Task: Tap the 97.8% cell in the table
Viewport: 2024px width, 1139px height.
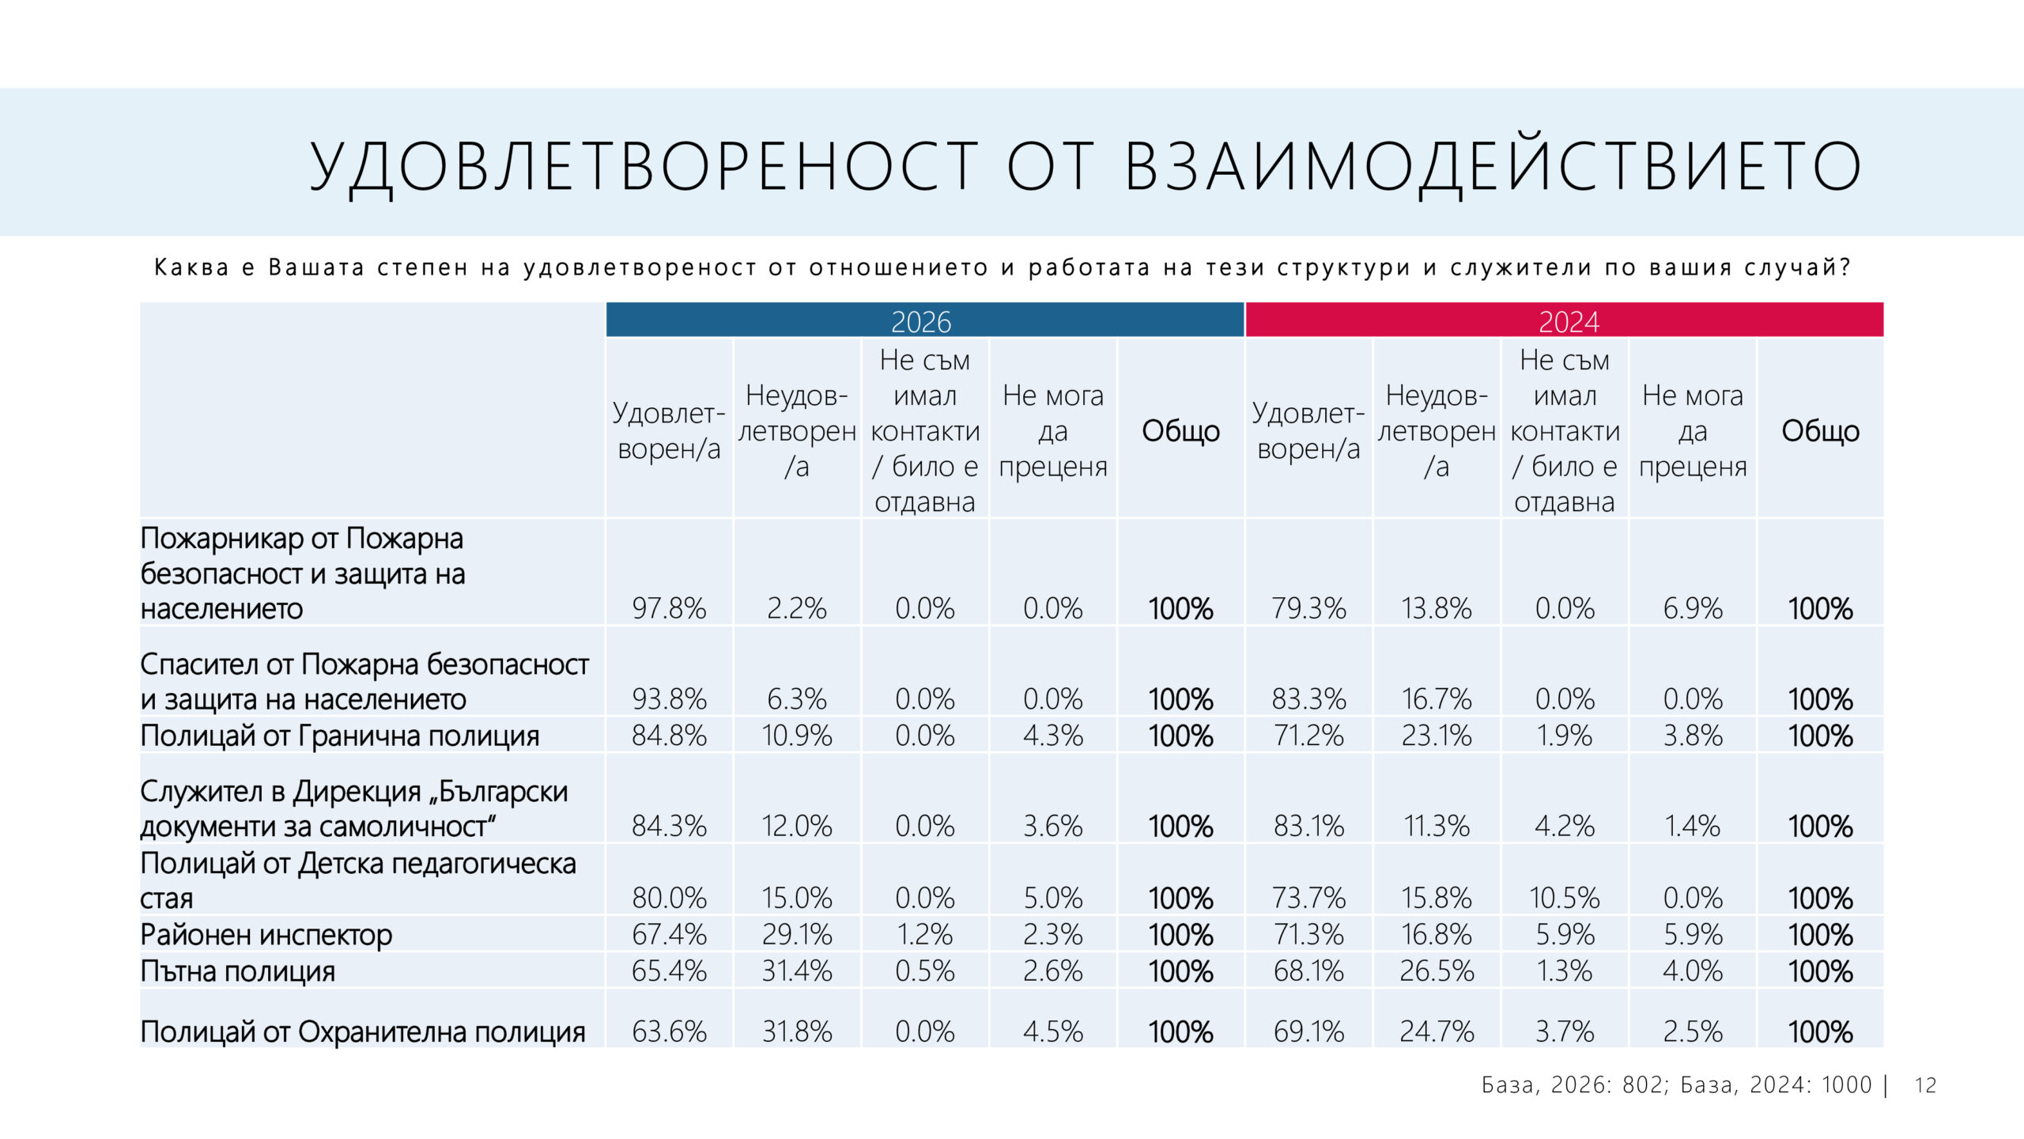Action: coord(669,608)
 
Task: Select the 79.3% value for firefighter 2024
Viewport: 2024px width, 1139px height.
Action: coord(1308,608)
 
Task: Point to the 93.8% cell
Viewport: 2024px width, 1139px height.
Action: coord(669,699)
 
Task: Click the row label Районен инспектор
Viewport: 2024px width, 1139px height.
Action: coord(266,935)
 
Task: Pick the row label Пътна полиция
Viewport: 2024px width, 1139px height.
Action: coord(237,971)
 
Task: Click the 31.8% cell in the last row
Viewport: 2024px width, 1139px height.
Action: coord(797,1031)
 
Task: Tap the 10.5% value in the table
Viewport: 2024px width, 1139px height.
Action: coord(1564,899)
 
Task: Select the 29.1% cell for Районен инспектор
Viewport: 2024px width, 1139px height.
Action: coord(797,935)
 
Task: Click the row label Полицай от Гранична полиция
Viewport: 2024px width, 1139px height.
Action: coord(339,736)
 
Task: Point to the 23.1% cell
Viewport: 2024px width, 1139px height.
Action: coord(1437,736)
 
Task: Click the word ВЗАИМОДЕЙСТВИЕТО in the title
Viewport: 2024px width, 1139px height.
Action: coord(1493,166)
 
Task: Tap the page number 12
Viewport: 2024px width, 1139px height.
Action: coord(1925,1085)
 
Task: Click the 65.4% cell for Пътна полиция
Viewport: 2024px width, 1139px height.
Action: coord(669,971)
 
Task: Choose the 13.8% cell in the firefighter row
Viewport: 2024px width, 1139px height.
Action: coord(1437,608)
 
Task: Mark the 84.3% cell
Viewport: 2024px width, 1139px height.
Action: coord(669,827)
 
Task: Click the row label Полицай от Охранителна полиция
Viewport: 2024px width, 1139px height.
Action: coord(362,1032)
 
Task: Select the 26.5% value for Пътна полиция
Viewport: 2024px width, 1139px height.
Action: coord(1437,971)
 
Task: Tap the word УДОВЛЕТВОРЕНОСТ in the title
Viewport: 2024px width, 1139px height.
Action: coord(644,166)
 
